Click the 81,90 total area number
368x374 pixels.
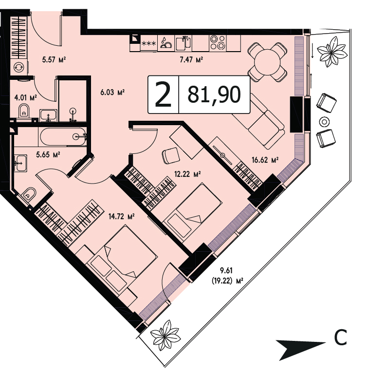[214, 95]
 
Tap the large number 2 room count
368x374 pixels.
[163, 94]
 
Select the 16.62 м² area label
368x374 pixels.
[265, 160]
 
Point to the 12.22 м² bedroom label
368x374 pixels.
[187, 174]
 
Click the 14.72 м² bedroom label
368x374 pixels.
[122, 217]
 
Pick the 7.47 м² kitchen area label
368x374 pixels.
[191, 59]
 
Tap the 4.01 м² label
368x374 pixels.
[25, 97]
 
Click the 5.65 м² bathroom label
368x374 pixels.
[48, 155]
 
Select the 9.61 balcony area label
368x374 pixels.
[226, 271]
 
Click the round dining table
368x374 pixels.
[267, 62]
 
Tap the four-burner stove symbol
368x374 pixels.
[218, 42]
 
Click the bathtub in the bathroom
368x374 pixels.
[63, 136]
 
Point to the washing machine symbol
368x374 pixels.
[18, 68]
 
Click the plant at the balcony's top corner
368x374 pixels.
[332, 52]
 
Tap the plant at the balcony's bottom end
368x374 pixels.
[165, 336]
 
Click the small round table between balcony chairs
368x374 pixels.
[324, 122]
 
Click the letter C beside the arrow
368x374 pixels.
[340, 337]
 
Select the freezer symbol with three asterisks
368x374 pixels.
[149, 43]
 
